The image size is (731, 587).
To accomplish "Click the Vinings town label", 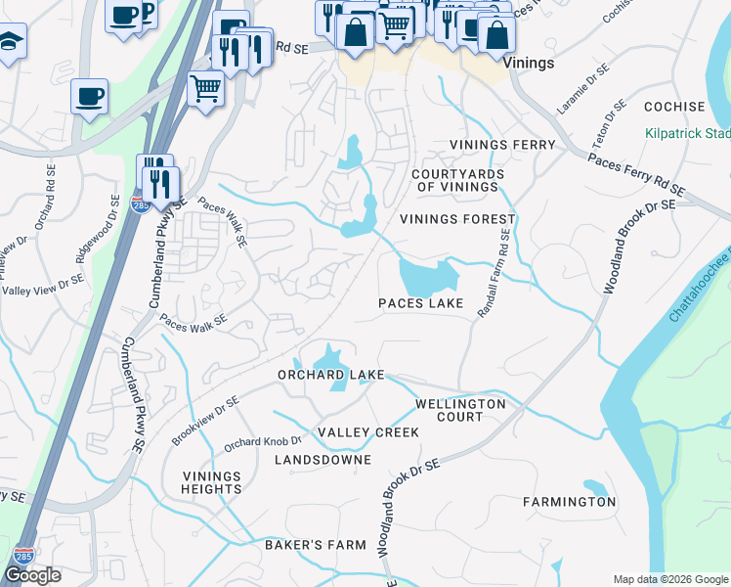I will coord(532,63).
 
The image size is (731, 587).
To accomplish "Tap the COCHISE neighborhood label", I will coord(673,107).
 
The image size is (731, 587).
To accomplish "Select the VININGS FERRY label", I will coord(502,145).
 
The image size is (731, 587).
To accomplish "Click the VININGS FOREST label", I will coord(456,219).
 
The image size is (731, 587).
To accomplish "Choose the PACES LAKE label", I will coord(421,303).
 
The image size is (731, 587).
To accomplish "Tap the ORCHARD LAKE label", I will coord(331,375).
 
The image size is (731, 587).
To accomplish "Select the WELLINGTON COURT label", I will coord(460,410).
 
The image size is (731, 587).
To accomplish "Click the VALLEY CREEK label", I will coord(368,432).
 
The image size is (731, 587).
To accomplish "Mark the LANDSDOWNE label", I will coord(322,459).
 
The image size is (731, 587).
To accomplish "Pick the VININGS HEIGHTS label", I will coord(211,483).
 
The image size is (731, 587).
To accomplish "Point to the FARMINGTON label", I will coord(569,502).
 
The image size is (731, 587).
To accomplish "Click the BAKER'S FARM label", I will coord(316,544).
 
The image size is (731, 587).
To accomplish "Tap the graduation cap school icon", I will coord(10,41).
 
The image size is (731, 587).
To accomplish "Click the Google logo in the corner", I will coord(32,575).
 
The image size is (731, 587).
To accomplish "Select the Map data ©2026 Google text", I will coord(669,579).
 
